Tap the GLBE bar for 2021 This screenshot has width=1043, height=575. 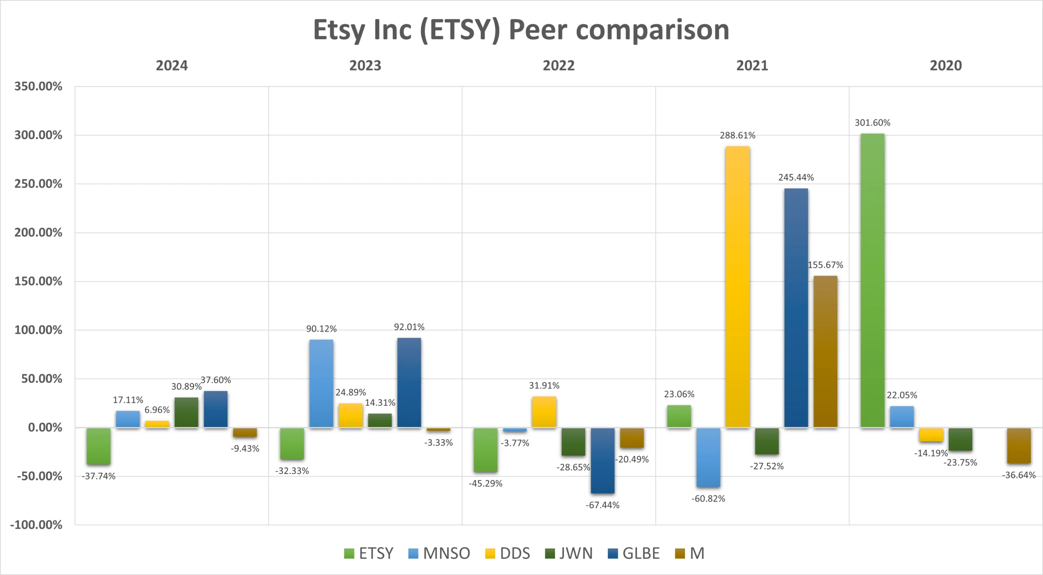point(796,308)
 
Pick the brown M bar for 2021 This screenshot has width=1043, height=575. point(825,352)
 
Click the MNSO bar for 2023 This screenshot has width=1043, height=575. point(321,383)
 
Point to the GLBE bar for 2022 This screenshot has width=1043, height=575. point(603,460)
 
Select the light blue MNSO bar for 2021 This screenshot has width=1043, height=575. point(708,457)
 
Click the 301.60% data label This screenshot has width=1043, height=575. point(872,123)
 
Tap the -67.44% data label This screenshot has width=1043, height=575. point(603,505)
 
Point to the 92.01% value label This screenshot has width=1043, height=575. point(409,327)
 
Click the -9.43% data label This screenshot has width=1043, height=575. point(245,449)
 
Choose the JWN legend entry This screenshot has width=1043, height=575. point(569,553)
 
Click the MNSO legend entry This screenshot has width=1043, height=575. point(439,553)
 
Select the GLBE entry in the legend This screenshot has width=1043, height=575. point(634,553)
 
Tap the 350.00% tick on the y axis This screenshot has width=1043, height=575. point(38,86)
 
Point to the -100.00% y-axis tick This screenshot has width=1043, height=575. point(36,525)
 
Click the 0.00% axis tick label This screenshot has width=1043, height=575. point(45,428)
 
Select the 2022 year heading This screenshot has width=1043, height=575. point(559,66)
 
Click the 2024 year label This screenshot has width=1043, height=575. point(172,66)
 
